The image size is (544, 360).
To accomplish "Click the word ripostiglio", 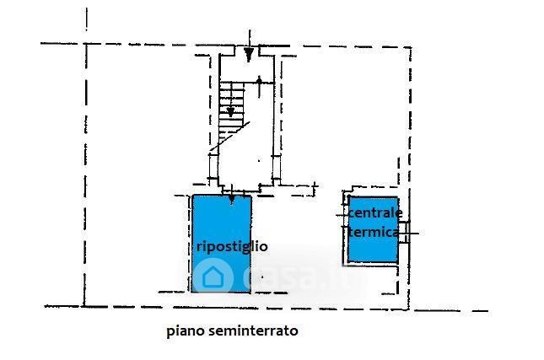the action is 232,247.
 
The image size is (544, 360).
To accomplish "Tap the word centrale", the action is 375,212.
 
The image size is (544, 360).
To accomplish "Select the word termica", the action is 373,232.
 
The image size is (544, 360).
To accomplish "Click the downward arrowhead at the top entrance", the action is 249,53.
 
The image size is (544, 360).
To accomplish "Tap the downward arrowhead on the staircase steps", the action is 231,111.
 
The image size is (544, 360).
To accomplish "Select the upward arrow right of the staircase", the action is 259,87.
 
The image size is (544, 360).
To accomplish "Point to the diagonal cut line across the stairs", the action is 230,136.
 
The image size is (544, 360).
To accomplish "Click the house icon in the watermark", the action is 213,277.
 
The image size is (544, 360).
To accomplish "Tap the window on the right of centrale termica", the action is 403,233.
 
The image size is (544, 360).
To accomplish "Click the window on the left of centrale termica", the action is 346,215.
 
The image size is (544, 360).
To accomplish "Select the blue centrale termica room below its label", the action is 373,250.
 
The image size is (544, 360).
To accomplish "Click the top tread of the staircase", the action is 232,84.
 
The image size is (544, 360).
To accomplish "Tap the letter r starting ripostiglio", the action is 199,247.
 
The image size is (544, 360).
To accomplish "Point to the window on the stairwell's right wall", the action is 276,166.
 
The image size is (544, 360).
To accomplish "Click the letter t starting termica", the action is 351,232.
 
